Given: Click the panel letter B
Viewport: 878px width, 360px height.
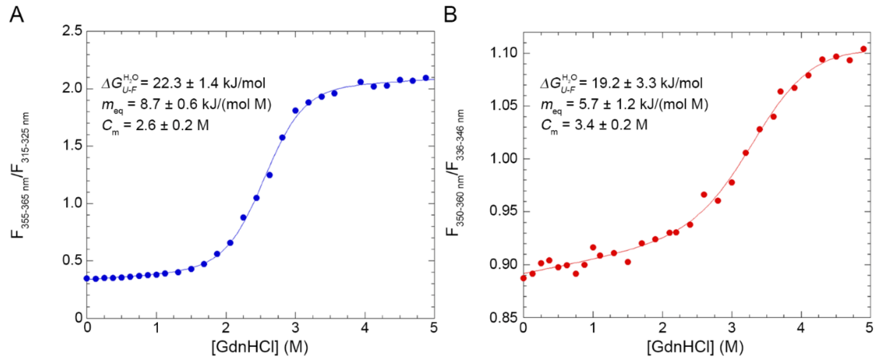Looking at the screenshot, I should tap(451, 15).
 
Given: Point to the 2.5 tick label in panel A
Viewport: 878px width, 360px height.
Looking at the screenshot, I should tap(72, 32).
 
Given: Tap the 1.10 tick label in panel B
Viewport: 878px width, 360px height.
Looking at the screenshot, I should tap(503, 54).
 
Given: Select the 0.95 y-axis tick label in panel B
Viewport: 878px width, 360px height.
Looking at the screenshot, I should tap(503, 211).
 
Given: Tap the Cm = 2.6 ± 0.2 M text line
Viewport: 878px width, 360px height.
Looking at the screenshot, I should tap(155, 126).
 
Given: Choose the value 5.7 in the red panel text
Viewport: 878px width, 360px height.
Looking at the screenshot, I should tap(587, 104).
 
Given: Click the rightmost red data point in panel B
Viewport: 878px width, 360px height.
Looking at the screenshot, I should tap(863, 49).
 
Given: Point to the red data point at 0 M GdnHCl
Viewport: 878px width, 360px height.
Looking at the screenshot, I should tap(523, 278).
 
